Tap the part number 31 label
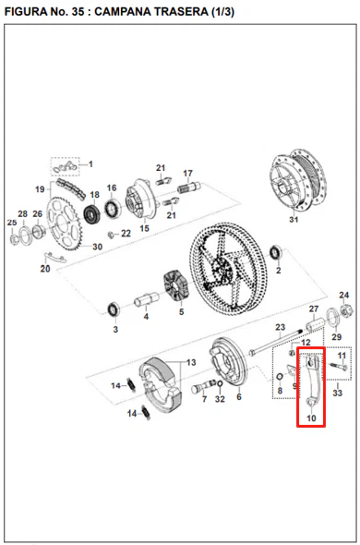coord(294,220)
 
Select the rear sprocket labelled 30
coord(65,224)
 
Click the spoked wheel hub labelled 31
coord(298,180)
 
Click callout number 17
coord(188,173)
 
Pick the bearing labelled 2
coord(276,252)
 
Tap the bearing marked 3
coord(114,309)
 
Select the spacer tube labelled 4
coord(147,298)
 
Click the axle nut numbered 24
coord(344,309)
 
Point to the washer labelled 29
coord(333,317)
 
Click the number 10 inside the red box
coord(311,418)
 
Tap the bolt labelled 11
coord(338,366)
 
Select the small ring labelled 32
coord(220,383)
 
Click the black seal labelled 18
coord(92,213)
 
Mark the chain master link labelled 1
coord(65,167)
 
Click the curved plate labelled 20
coord(54,258)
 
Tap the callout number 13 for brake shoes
coord(191,362)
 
